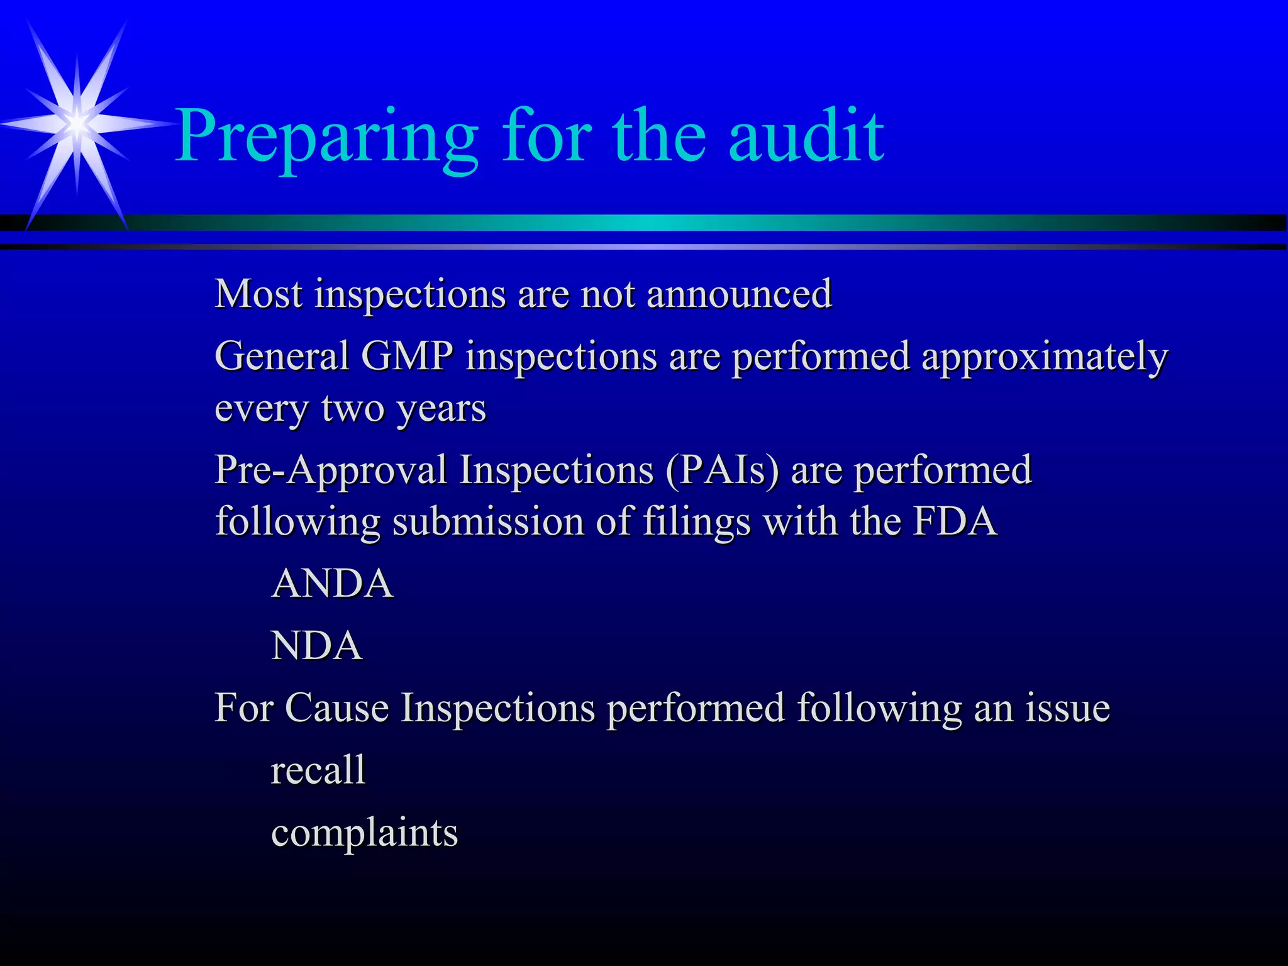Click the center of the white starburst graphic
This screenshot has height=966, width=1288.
[x=77, y=123]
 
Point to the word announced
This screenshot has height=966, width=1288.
[x=739, y=294]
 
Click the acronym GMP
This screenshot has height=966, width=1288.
[x=407, y=356]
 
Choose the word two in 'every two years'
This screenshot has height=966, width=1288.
[x=353, y=408]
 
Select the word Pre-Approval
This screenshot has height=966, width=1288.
[x=331, y=470]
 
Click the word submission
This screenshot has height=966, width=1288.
[x=488, y=522]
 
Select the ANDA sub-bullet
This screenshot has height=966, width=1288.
[x=332, y=583]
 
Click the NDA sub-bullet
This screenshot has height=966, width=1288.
[x=316, y=646]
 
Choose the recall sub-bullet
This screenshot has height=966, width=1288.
[x=318, y=769]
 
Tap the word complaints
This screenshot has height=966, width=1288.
[x=364, y=833]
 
